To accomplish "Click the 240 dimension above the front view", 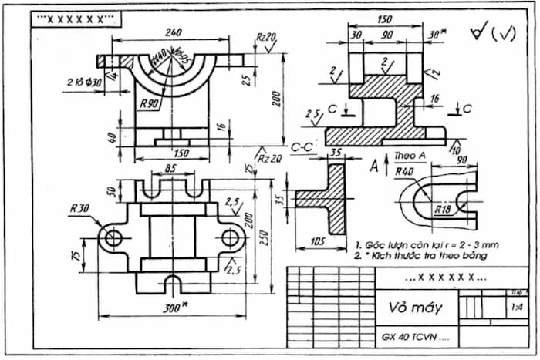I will (x=173, y=32).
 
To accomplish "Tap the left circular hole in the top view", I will (x=115, y=237).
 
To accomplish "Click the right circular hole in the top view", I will (x=230, y=237).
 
